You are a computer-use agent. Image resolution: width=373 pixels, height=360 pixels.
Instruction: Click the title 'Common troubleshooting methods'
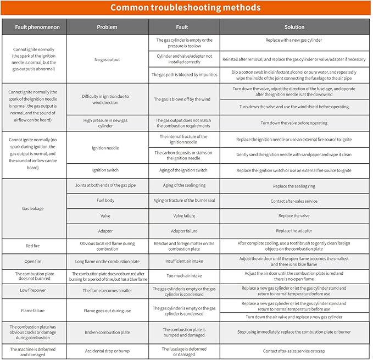[186, 8]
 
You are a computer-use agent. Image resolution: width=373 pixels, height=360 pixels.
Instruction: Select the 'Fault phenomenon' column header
[34, 27]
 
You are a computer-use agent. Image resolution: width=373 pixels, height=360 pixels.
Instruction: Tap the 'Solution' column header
[294, 27]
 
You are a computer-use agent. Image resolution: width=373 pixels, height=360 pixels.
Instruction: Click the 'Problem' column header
[107, 27]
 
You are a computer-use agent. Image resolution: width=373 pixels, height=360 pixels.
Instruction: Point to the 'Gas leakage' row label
[34, 208]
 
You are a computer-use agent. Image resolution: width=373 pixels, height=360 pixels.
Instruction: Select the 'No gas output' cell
[107, 59]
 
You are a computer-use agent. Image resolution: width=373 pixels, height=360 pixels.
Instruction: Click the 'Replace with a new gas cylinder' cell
[294, 40]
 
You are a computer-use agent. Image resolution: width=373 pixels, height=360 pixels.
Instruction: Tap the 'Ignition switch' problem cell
[107, 170]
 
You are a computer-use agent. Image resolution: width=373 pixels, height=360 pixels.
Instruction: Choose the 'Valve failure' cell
[184, 216]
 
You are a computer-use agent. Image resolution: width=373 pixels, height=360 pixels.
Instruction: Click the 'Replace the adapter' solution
[294, 231]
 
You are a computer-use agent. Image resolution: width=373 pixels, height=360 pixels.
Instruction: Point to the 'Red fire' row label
[34, 245]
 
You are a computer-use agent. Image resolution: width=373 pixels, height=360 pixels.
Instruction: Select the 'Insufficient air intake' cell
[184, 261]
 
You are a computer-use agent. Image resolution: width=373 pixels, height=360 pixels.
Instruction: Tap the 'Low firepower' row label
[34, 290]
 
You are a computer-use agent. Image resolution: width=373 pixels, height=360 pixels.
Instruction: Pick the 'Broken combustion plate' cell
[107, 332]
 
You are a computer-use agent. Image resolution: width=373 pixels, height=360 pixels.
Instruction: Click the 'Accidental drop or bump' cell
[107, 351]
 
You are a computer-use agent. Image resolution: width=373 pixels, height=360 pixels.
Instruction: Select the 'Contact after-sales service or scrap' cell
[294, 351]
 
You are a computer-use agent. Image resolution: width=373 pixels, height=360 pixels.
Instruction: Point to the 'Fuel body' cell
[107, 201]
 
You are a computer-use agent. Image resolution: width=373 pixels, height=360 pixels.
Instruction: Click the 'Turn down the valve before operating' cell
[294, 123]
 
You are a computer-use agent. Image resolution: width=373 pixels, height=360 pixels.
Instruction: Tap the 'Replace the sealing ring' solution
[294, 186]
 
